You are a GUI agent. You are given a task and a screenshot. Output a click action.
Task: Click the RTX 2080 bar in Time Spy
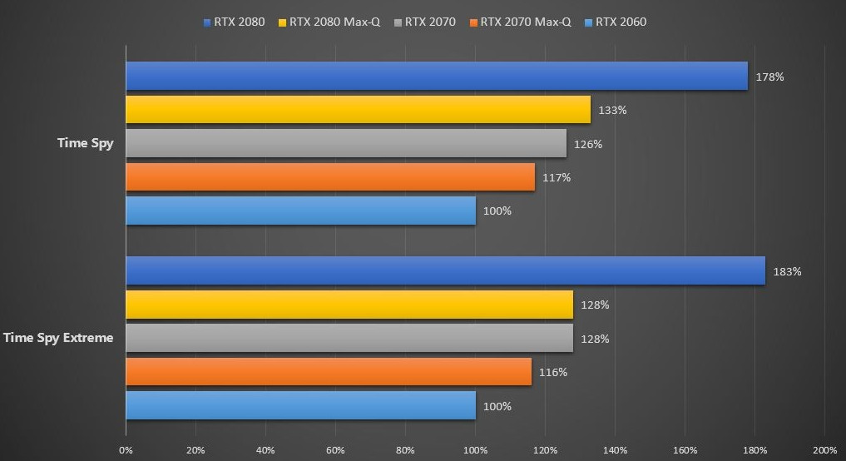pos(437,76)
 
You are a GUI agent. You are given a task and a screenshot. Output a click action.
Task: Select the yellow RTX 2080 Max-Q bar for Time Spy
pos(358,110)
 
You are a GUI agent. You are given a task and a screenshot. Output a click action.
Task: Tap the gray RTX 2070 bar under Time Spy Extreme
pos(349,338)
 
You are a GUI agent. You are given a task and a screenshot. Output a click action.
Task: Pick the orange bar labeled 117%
pos(330,176)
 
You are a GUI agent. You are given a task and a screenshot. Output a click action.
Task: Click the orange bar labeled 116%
pos(329,371)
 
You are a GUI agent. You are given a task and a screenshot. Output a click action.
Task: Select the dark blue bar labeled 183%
pos(445,270)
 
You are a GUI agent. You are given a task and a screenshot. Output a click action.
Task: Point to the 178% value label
pos(770,77)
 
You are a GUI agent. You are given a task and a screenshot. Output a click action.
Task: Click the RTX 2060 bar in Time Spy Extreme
pos(300,405)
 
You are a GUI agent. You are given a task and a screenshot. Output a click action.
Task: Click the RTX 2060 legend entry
pos(616,22)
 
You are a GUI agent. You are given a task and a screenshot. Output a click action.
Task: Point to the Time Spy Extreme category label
pos(58,338)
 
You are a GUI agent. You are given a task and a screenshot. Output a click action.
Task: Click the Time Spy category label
pos(85,143)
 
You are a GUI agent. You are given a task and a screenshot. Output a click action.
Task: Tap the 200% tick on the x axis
pos(824,450)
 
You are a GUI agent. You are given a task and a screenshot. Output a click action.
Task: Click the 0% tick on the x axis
pos(126,450)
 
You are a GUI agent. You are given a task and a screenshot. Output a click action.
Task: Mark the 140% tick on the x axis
pos(615,450)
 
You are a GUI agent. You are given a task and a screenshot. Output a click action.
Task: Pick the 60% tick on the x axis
pos(335,450)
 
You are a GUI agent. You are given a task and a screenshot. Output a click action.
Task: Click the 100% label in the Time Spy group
pos(497,211)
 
